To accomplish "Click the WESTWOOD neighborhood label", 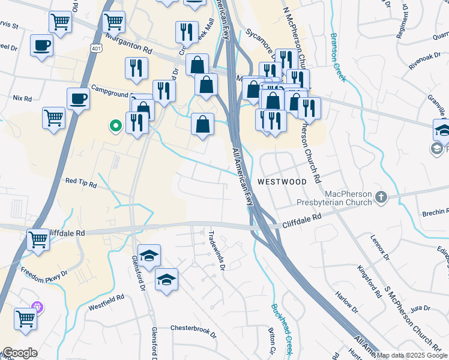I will click(282, 181).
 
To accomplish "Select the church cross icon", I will click(381, 197).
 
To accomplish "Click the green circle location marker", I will click(115, 126).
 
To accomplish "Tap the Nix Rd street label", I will click(22, 98).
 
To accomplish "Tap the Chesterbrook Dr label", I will click(192, 328).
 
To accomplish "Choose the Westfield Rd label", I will click(106, 297).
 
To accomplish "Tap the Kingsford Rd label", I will click(369, 281).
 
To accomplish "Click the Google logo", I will click(19, 353).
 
